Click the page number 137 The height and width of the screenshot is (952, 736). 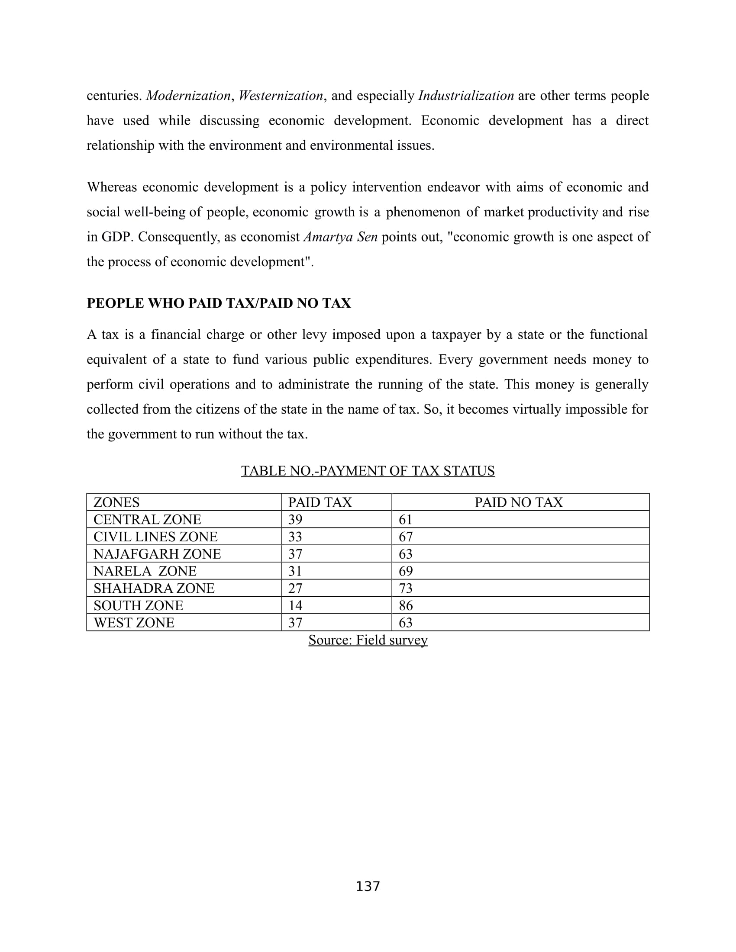368,886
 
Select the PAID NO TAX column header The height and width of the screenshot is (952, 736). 518,502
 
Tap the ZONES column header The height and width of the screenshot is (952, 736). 116,502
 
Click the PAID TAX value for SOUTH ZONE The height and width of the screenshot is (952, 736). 295,605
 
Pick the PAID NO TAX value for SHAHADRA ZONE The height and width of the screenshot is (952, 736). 406,589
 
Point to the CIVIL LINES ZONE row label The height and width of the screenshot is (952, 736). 155,537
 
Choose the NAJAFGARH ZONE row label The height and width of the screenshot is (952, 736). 157,554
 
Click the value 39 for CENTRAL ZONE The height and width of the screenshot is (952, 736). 295,520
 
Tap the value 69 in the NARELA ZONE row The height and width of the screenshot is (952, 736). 406,571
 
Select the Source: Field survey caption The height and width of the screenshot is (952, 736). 368,640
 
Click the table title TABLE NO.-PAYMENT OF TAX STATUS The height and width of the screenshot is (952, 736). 368,471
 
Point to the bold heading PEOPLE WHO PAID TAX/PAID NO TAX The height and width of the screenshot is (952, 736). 219,303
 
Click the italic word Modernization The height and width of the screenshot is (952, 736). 188,96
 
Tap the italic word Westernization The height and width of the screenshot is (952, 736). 281,96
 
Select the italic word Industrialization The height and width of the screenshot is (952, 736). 466,96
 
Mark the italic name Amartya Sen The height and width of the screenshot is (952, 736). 340,237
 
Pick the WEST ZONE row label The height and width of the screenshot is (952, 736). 134,622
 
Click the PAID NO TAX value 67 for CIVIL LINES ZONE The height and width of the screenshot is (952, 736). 406,537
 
